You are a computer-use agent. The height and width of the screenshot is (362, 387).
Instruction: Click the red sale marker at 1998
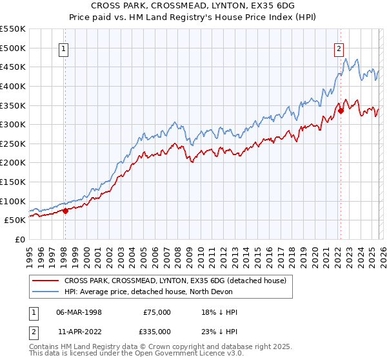tap(65, 210)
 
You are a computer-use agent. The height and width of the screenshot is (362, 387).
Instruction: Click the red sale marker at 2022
tap(341, 111)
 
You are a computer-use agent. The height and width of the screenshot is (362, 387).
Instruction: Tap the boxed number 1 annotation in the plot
tap(64, 47)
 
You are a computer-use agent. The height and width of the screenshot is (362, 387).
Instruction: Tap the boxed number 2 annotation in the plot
tap(339, 47)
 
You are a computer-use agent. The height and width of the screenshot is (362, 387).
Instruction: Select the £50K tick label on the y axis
tap(15, 220)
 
